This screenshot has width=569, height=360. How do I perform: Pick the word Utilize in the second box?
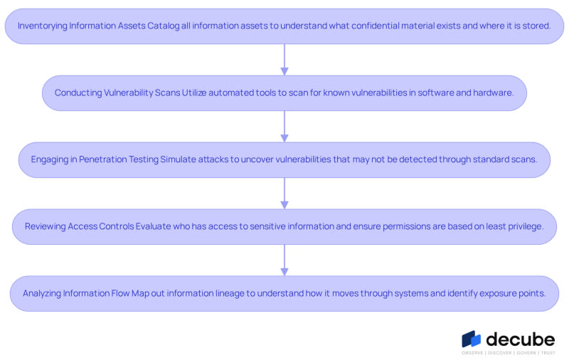pos(194,92)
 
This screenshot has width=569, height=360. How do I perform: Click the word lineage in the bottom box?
pos(230,293)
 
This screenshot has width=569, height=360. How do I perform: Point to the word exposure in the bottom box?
pos(498,293)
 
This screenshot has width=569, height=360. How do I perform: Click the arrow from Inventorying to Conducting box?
pos(284,60)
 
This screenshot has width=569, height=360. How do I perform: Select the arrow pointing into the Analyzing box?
pos(284,260)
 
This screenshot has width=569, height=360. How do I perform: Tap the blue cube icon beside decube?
pos(471,339)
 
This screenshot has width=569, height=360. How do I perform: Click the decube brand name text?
pos(521,339)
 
